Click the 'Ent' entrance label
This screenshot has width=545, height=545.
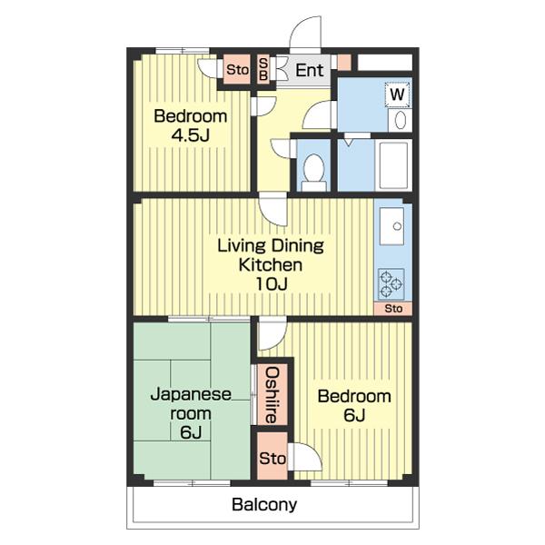pos(310,71)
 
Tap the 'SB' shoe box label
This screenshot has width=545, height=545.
pos(263,69)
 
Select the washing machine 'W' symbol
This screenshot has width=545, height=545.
pos(398,94)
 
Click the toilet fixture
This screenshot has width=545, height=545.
pos(314,172)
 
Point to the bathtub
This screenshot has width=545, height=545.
pos(393,165)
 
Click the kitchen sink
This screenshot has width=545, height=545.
pos(391,226)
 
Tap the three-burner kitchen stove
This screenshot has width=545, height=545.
pos(391,283)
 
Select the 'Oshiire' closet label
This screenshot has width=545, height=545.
pos(272,395)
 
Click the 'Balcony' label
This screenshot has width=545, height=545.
pos(264,504)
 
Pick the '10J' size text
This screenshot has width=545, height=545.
pos(272,284)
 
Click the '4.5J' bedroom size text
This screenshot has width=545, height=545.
pos(191,134)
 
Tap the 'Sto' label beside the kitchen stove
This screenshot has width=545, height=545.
pos(393,308)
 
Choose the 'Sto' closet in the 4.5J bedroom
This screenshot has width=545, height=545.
pos(237,70)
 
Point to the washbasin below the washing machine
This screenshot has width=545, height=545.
pos(400,120)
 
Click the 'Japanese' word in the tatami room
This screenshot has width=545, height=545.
pos(191,395)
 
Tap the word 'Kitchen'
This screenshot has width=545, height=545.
pos(271,265)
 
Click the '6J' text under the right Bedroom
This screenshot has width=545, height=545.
pos(354,415)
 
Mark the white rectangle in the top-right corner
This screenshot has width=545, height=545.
pos(385,63)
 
